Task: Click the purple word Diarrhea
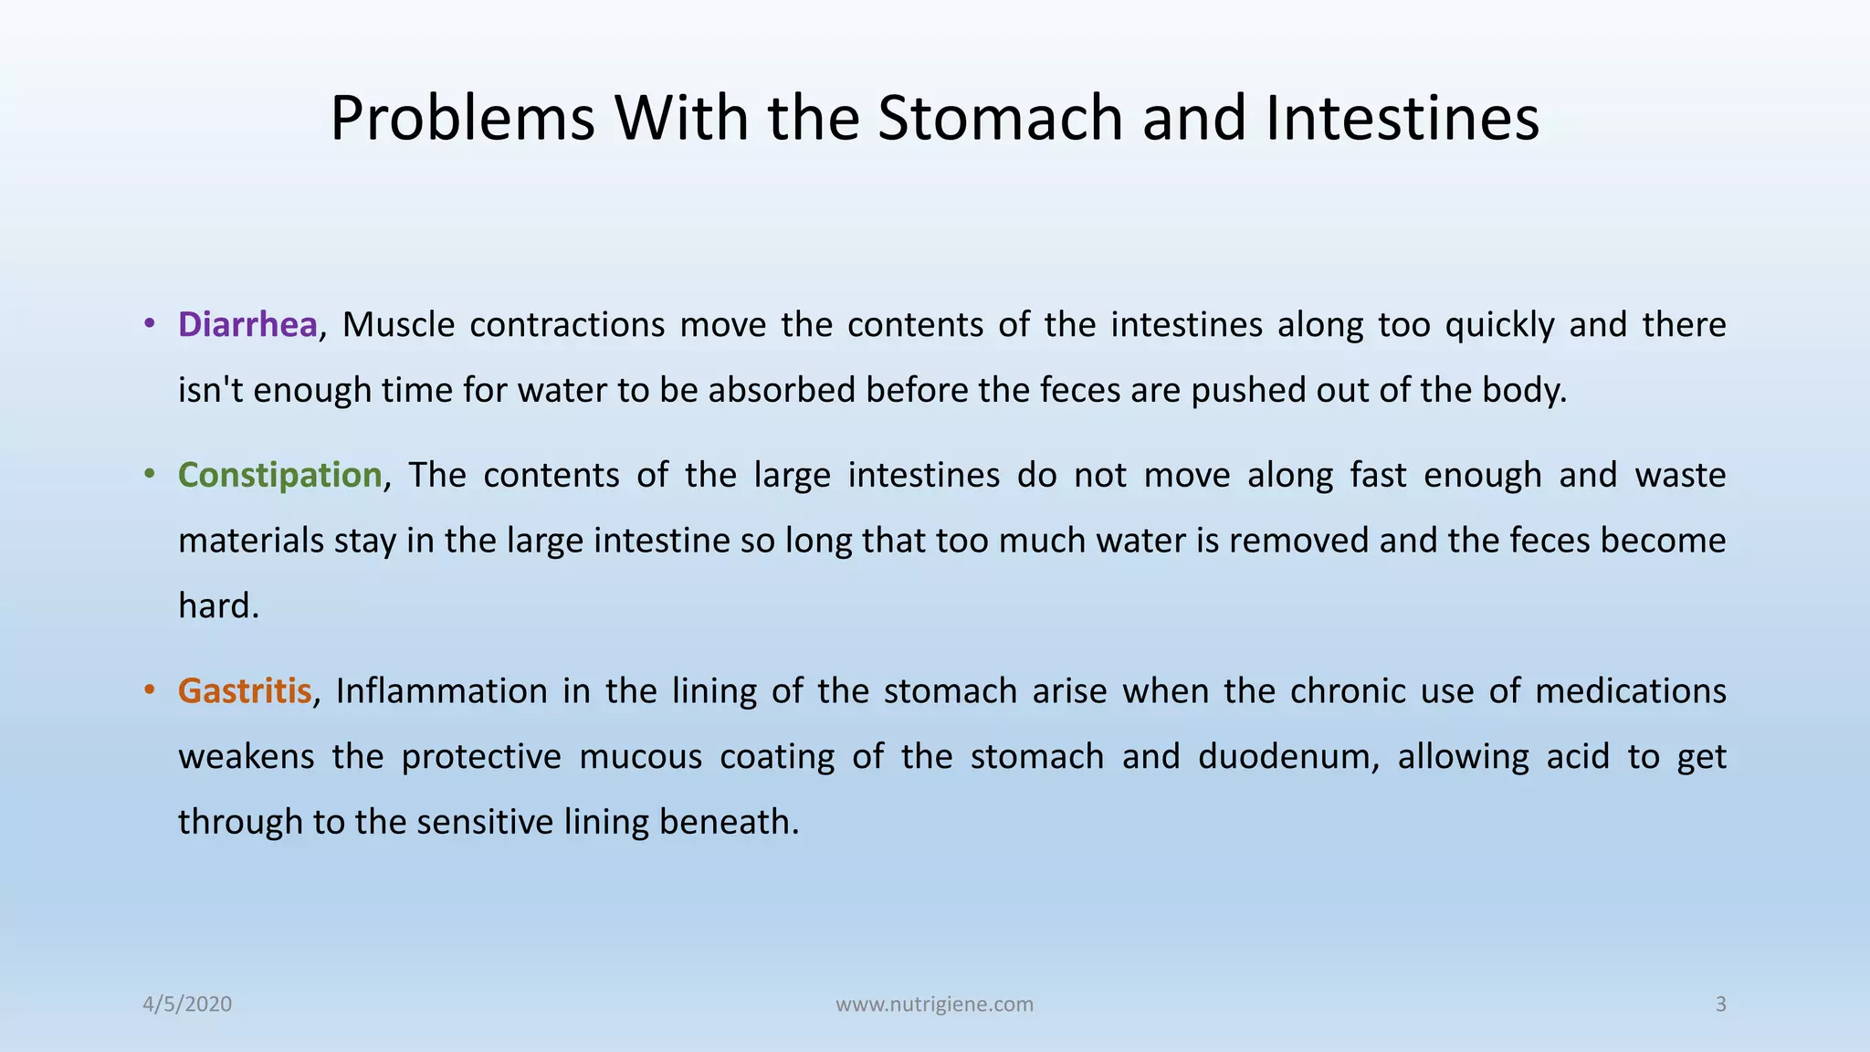pyautogui.click(x=247, y=325)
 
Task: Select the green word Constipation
pyautogui.click(x=279, y=475)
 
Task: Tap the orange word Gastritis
pyautogui.click(x=245, y=690)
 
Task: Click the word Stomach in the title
pyautogui.click(x=1000, y=119)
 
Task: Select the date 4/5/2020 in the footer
pyautogui.click(x=187, y=1005)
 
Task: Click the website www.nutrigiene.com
pyautogui.click(x=934, y=1005)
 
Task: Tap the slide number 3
pyautogui.click(x=1720, y=1005)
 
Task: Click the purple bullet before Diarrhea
pyautogui.click(x=149, y=324)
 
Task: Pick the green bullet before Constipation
pyautogui.click(x=149, y=474)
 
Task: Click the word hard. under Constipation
pyautogui.click(x=218, y=606)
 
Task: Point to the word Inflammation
pyautogui.click(x=441, y=690)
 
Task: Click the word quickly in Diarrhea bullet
pyautogui.click(x=1499, y=325)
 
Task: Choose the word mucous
pyautogui.click(x=640, y=756)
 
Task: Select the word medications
pyautogui.click(x=1630, y=690)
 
